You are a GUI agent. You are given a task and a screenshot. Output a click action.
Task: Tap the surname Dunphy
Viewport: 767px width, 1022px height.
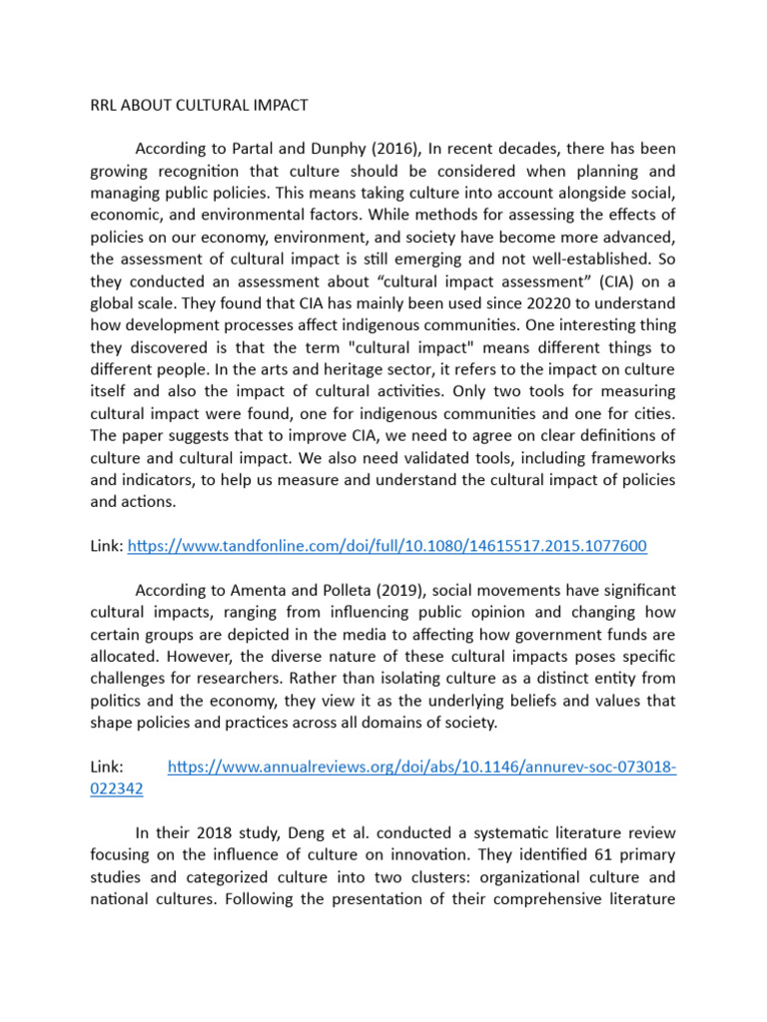342,150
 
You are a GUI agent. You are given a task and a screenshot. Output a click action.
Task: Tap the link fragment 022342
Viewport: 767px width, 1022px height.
116,788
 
